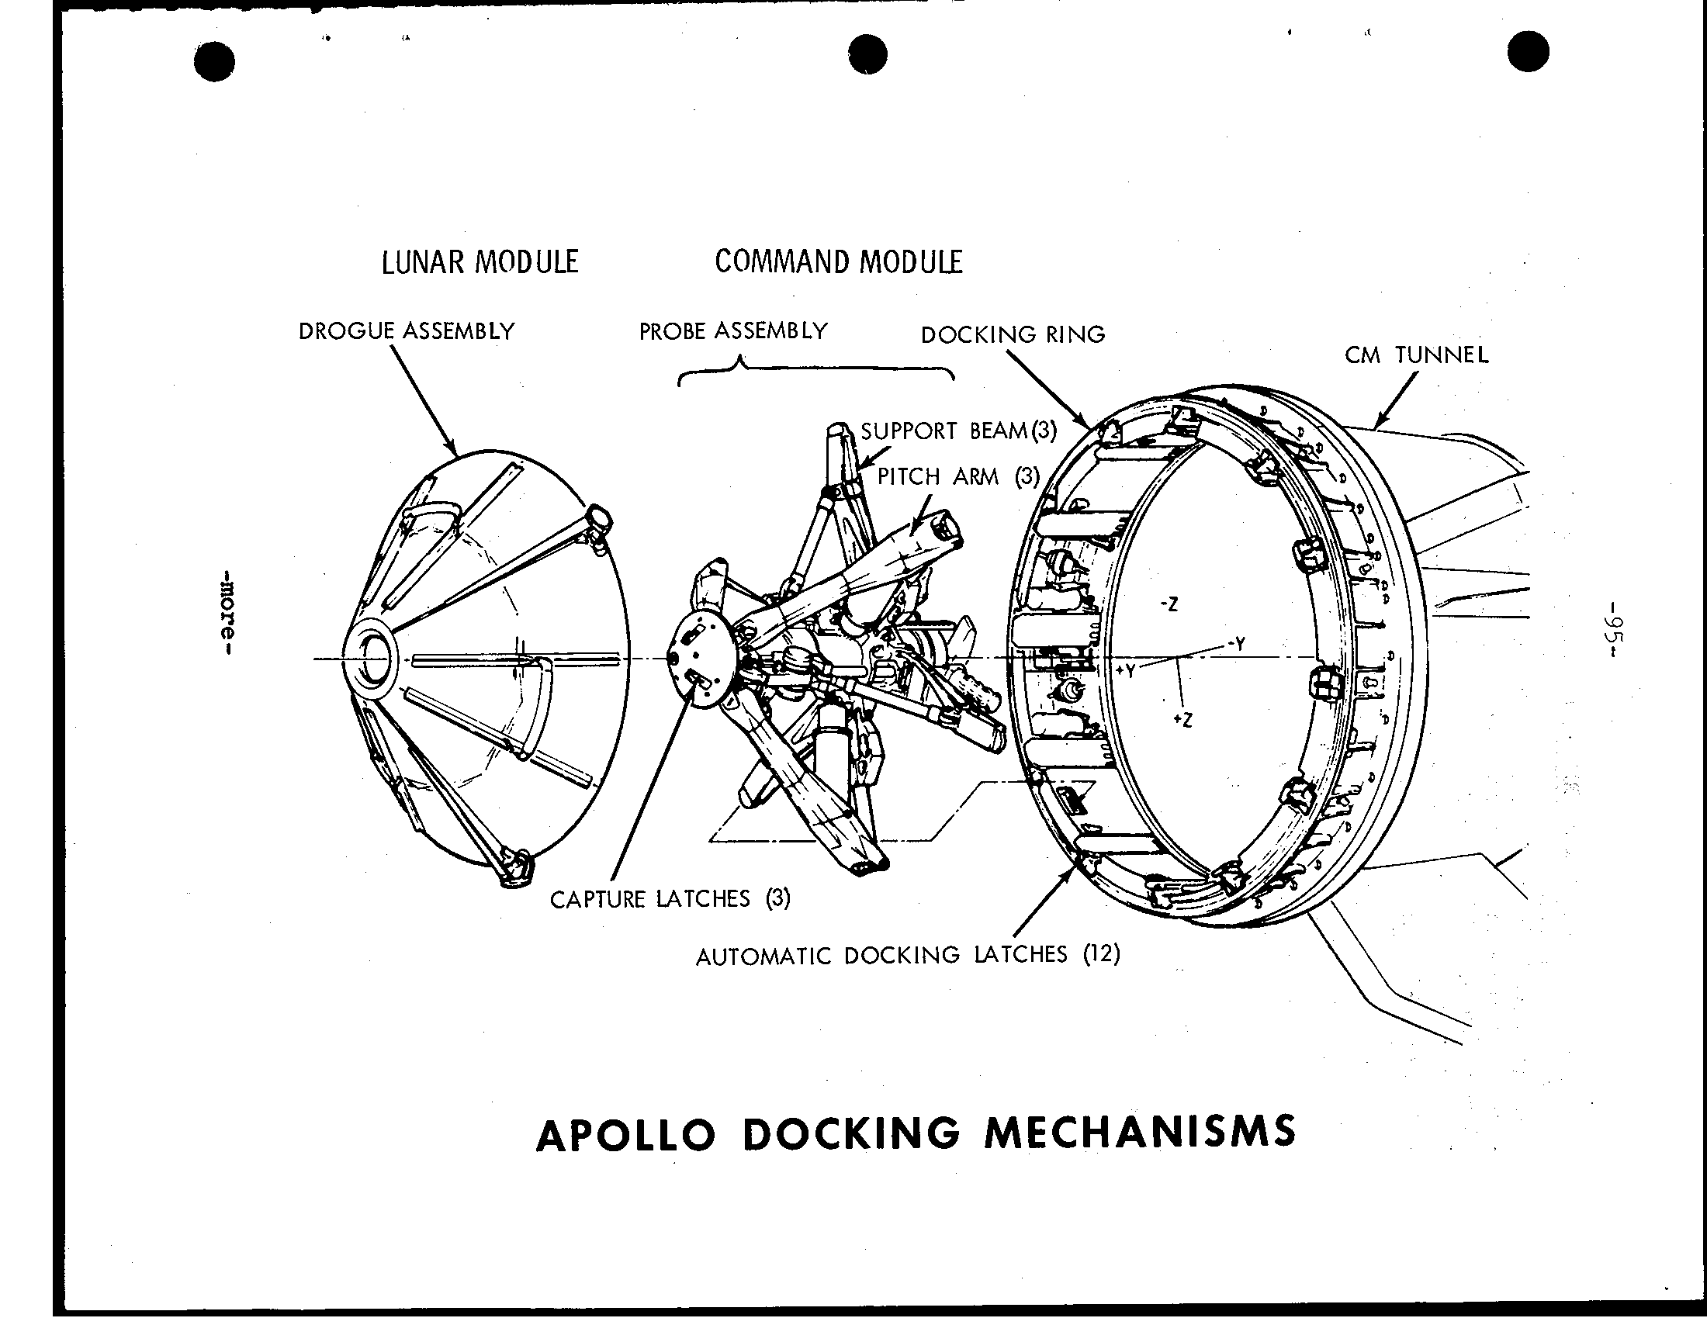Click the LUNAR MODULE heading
pyautogui.click(x=480, y=261)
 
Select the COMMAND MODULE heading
pyautogui.click(x=839, y=261)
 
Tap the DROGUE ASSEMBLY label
pyautogui.click(x=407, y=331)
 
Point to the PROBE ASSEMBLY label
pyautogui.click(x=733, y=331)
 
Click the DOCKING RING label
pyautogui.click(x=1013, y=334)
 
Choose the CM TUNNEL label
pyautogui.click(x=1416, y=355)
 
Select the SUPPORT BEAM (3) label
pyautogui.click(x=959, y=431)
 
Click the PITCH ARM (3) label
pyautogui.click(x=959, y=476)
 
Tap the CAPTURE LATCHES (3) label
pyautogui.click(x=670, y=899)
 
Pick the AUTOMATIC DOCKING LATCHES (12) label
pyautogui.click(x=909, y=955)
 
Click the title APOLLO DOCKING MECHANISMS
pyautogui.click(x=916, y=1133)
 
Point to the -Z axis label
pyautogui.click(x=1169, y=604)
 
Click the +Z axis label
pyautogui.click(x=1183, y=720)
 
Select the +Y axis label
pyautogui.click(x=1126, y=670)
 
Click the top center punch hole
pyautogui.click(x=867, y=54)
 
